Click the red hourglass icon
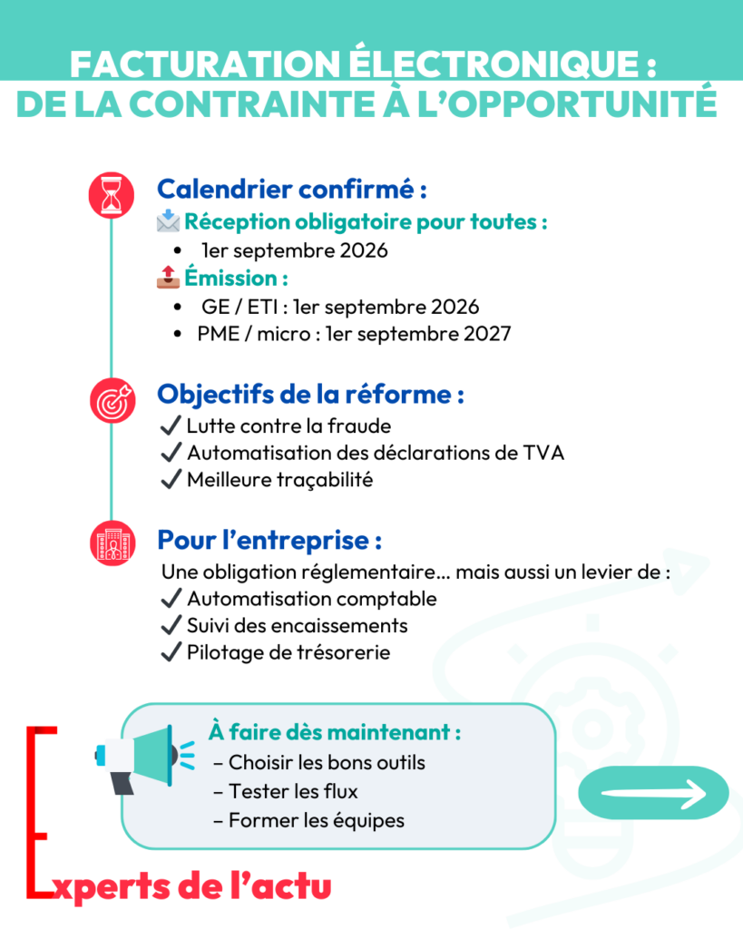coord(111,194)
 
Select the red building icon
coord(111,543)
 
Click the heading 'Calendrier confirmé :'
coord(292,191)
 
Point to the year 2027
coord(486,334)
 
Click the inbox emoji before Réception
coord(168,221)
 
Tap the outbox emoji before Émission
coord(168,278)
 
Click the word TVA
coord(543,452)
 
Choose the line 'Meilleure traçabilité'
coord(279,480)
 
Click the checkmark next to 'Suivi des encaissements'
coord(170,625)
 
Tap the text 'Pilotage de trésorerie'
coord(288,651)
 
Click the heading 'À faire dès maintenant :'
coord(334,731)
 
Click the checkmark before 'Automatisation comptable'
coord(170,599)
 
